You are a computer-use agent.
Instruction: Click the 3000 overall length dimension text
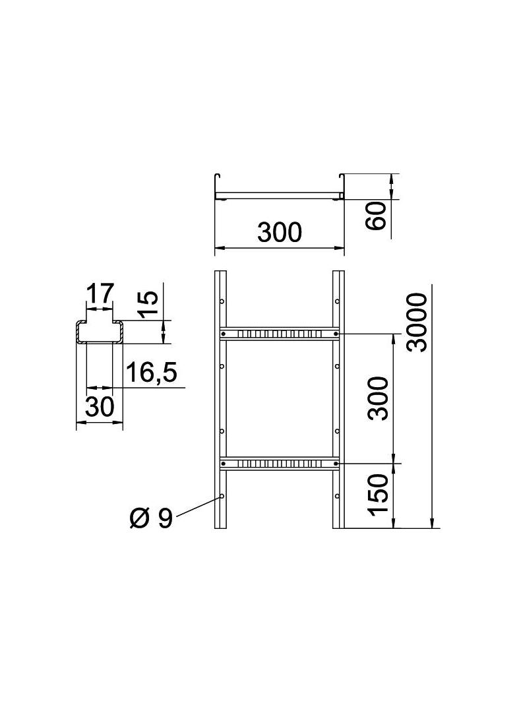(417, 323)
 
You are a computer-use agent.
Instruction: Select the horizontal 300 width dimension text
(279, 233)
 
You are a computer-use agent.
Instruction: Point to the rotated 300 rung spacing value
(379, 398)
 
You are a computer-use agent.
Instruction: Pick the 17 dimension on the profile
(100, 293)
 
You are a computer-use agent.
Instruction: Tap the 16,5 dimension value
(151, 373)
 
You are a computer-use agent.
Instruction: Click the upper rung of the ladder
(280, 334)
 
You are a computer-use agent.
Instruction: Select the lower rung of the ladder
(280, 464)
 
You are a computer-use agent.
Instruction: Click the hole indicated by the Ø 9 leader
(222, 496)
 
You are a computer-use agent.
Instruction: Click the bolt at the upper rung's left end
(224, 334)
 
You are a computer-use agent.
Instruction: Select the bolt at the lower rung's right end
(336, 464)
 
